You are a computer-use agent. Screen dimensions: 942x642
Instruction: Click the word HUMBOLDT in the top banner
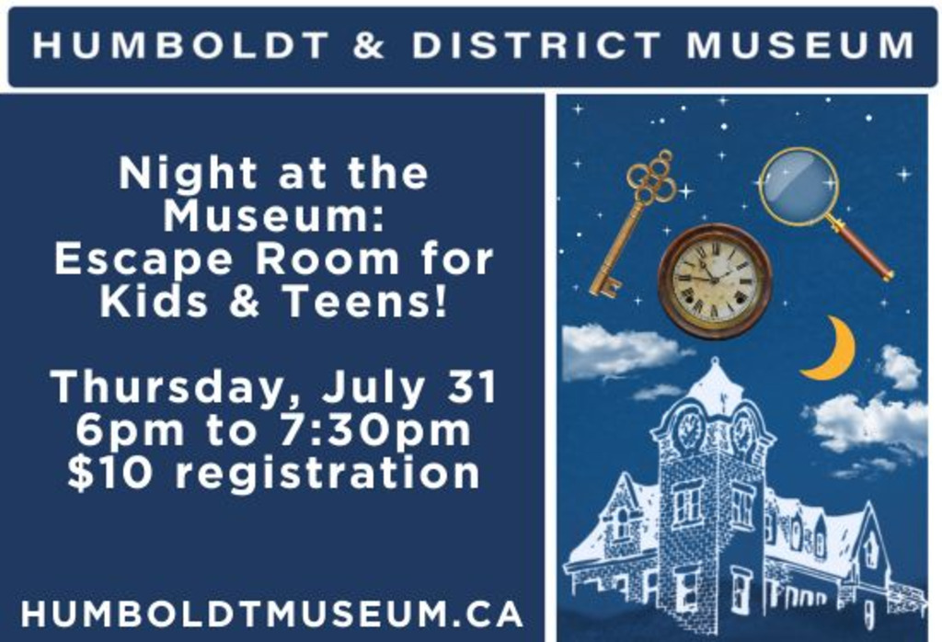[x=181, y=45]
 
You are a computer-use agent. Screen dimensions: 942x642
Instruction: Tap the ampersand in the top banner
[x=369, y=45]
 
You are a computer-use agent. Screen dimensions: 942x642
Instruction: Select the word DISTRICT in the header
[x=536, y=45]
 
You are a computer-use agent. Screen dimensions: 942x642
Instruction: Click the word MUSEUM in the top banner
[x=800, y=45]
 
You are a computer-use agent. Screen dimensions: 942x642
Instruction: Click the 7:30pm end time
[x=375, y=430]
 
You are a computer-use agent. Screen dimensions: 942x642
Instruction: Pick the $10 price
[x=110, y=473]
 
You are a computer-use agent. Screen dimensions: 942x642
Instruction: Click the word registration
[x=327, y=474]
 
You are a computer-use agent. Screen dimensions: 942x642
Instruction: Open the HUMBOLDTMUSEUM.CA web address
[x=271, y=613]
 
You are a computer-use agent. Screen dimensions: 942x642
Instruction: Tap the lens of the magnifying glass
[x=798, y=186]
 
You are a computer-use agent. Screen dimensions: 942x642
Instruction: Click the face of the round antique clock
[x=714, y=281]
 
